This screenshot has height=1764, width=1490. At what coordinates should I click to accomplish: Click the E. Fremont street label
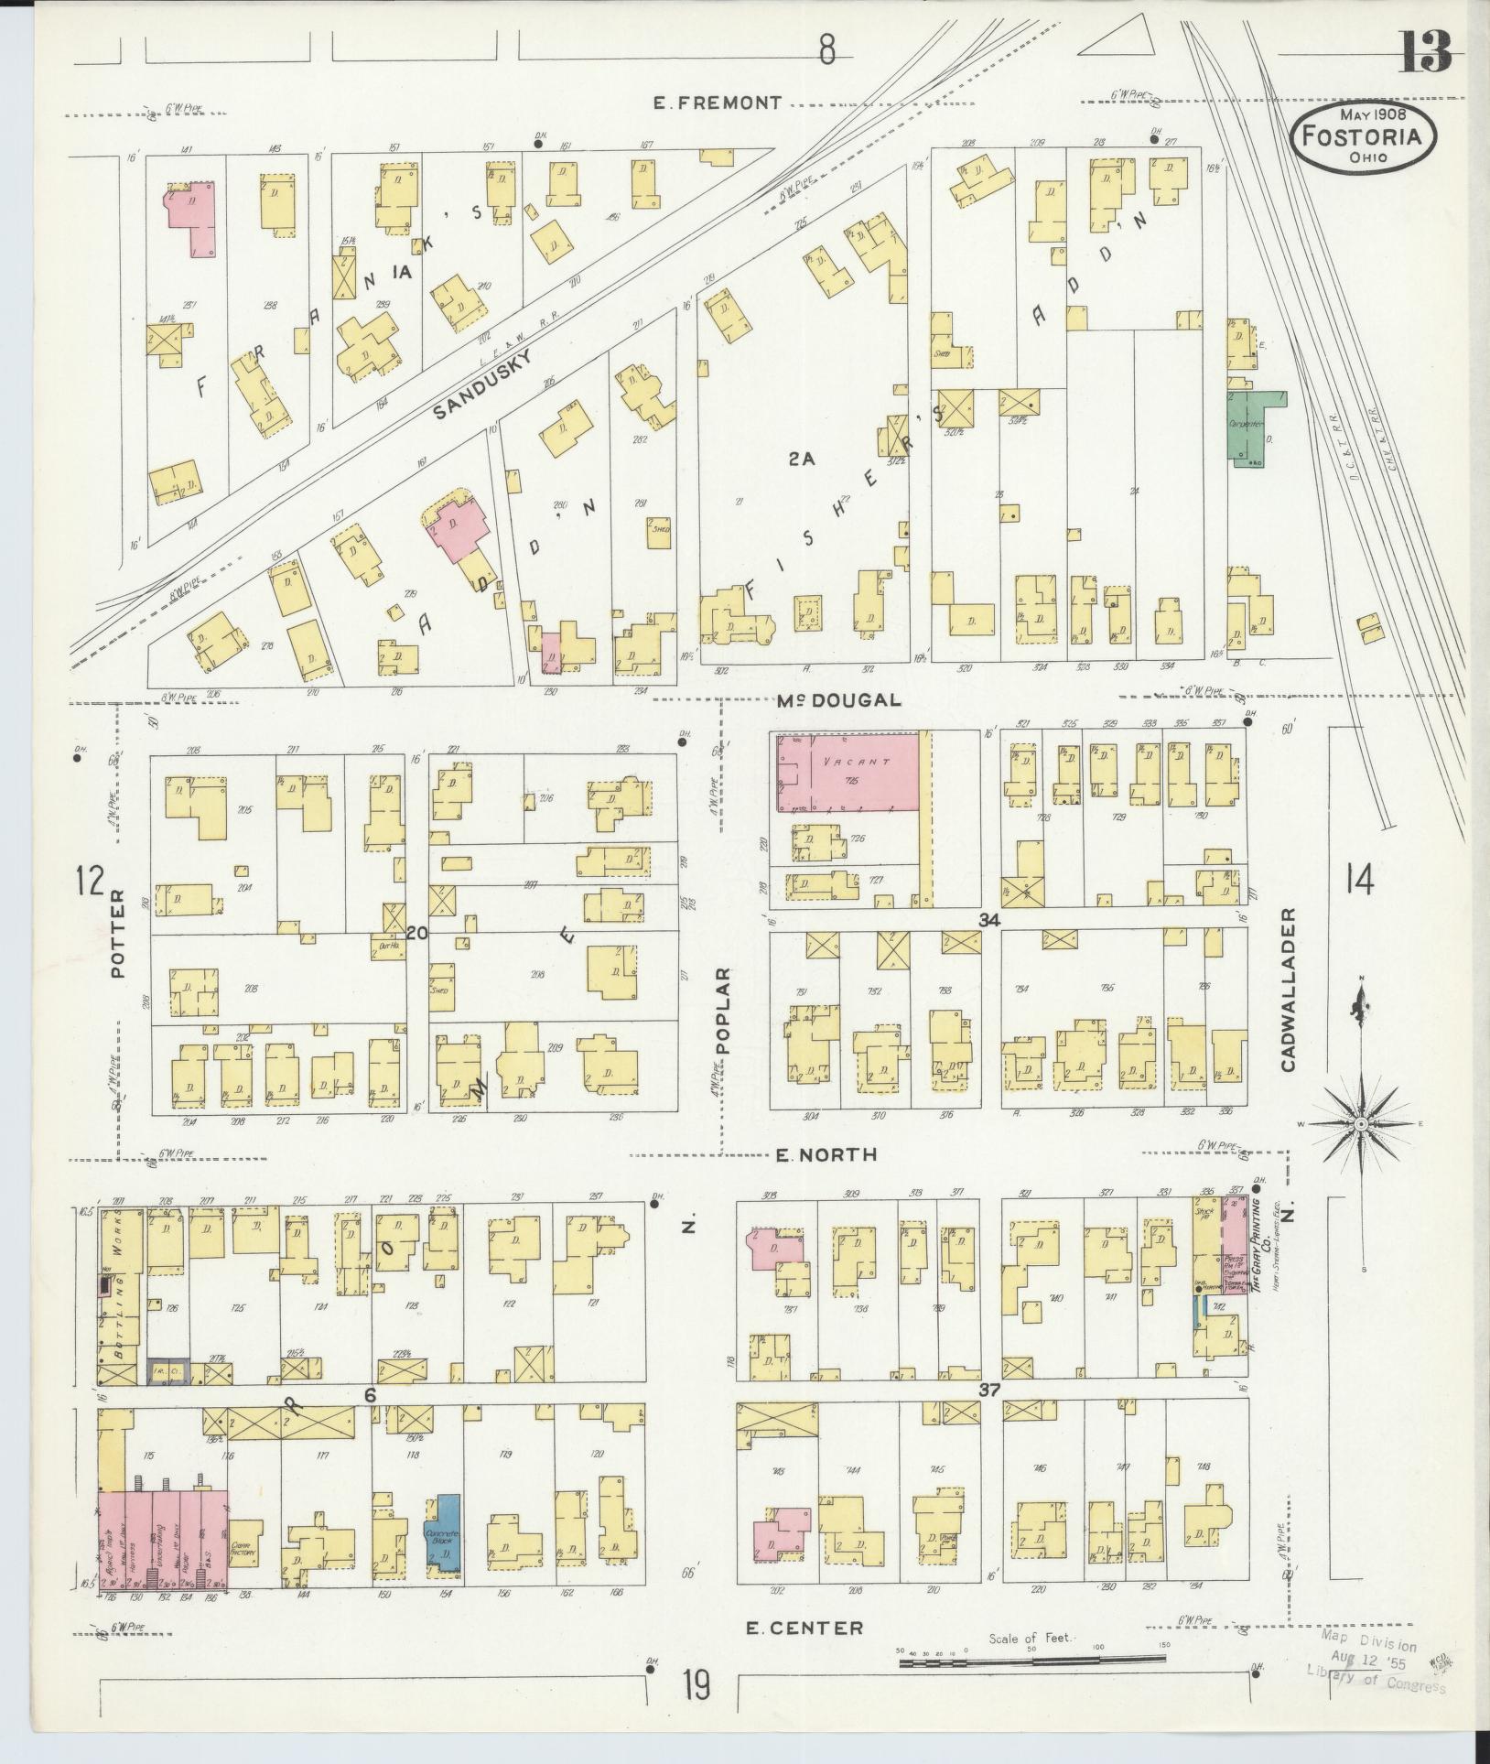(718, 103)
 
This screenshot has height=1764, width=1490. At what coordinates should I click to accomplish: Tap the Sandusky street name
(482, 384)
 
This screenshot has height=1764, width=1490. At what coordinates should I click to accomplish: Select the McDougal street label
(839, 700)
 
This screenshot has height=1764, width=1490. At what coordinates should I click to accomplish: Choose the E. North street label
(826, 1155)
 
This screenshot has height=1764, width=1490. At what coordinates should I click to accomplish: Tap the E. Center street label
(804, 1628)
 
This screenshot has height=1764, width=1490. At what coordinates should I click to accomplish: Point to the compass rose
(1360, 1122)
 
